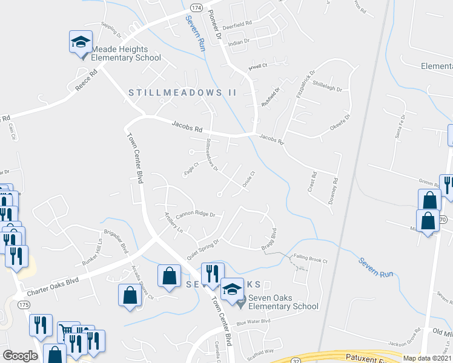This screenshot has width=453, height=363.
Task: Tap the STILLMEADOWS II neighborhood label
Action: coord(182,93)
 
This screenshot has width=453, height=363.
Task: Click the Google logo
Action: coord(20,356)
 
